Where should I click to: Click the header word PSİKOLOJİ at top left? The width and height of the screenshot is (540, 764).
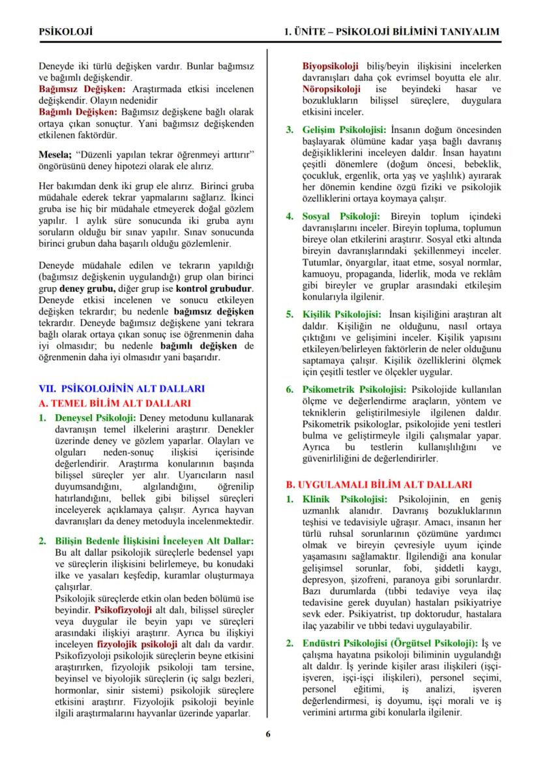click(x=65, y=31)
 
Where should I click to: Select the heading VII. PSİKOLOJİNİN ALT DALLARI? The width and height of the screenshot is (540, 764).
click(x=123, y=388)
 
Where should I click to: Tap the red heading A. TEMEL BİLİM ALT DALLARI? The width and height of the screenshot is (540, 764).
click(x=115, y=403)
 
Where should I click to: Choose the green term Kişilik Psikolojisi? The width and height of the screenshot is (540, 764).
click(x=342, y=314)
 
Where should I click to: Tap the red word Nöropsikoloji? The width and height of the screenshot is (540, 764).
click(x=331, y=89)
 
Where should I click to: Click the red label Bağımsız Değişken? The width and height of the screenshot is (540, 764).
click(x=82, y=89)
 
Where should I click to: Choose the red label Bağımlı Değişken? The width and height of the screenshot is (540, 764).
click(x=78, y=112)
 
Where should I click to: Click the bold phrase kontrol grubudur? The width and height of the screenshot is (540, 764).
click(x=215, y=289)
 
